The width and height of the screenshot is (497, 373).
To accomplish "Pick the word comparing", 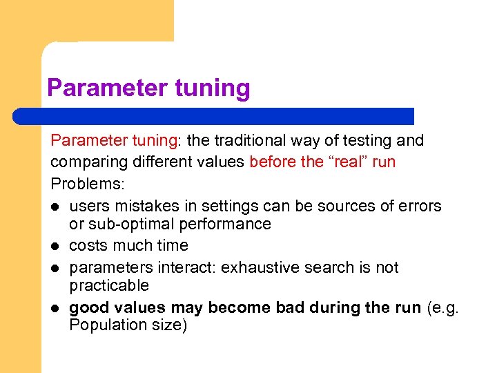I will point(83,162).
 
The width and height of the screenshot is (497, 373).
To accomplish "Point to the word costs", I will point(87,246).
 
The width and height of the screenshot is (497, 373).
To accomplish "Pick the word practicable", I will point(109,285).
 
